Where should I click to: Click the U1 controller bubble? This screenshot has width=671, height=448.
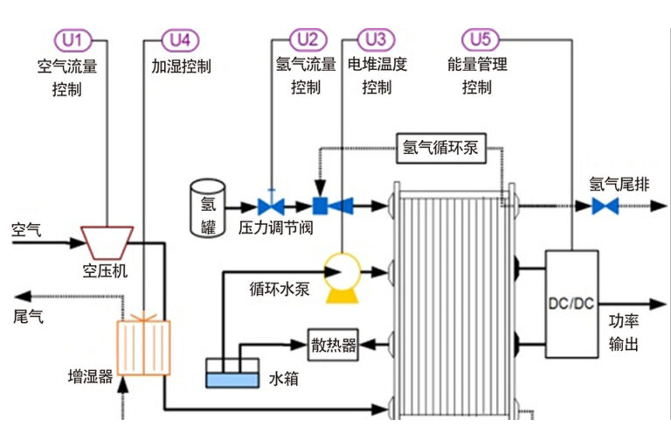(x=72, y=39)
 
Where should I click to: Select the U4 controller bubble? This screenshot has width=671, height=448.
(x=181, y=39)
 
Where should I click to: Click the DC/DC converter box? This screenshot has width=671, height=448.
(x=571, y=304)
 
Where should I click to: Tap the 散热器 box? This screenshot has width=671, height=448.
(x=334, y=346)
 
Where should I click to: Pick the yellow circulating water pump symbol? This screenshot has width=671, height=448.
(x=340, y=272)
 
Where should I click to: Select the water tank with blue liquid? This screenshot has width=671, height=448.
(x=232, y=374)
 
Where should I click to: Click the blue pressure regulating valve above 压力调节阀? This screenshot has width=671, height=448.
(x=271, y=206)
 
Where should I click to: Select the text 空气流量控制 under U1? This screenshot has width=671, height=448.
(x=72, y=76)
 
